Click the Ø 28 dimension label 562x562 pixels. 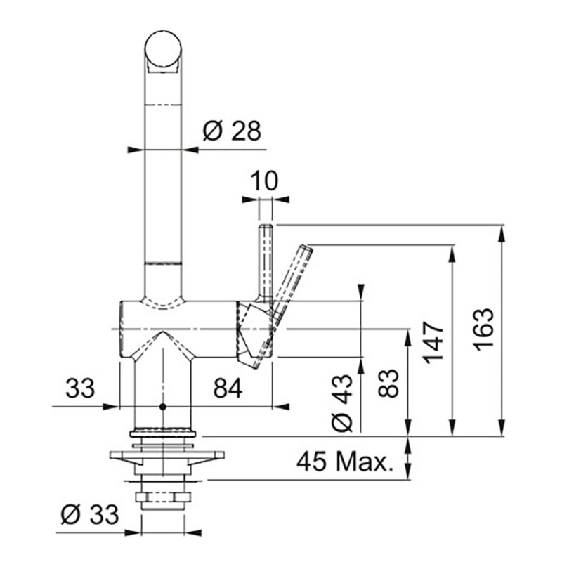[x=232, y=131]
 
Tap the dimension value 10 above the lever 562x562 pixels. [x=264, y=181]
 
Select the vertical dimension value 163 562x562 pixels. [x=483, y=329]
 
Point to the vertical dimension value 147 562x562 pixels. [x=433, y=343]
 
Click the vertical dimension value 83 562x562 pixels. [x=388, y=383]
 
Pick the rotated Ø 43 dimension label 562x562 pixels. [x=342, y=403]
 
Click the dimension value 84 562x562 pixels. [x=228, y=388]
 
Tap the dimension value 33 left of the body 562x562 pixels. [x=80, y=388]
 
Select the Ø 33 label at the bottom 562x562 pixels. [x=90, y=514]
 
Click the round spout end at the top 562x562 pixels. [x=163, y=49]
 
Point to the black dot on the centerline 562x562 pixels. [x=163, y=407]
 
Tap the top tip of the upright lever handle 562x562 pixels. [x=266, y=226]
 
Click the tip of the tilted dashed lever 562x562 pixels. [x=308, y=247]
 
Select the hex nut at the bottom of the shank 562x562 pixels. [x=163, y=498]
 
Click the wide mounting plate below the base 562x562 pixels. [x=166, y=455]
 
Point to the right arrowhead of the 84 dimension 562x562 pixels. [x=281, y=407]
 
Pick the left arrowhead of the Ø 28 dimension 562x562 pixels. [x=136, y=150]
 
